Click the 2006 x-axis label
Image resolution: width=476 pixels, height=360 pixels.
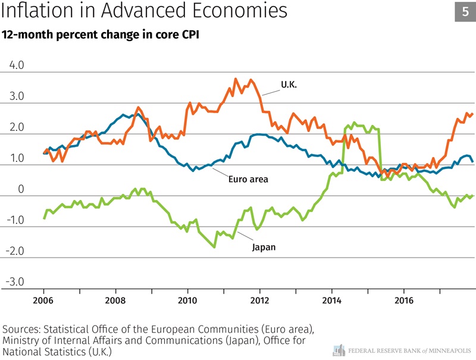click(x=44, y=300)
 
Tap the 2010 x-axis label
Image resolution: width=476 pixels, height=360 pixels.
click(x=188, y=300)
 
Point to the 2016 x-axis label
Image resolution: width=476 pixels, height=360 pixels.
click(x=404, y=300)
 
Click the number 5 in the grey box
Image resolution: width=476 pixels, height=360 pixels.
click(x=465, y=11)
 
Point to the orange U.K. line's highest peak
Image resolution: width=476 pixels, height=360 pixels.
click(x=236, y=79)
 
